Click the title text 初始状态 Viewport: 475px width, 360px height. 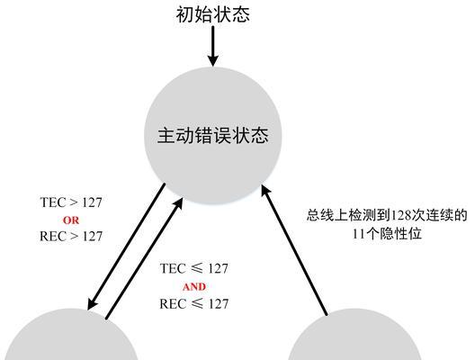213,14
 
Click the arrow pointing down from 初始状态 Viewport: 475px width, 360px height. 213,46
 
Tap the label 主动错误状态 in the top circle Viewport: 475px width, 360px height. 213,135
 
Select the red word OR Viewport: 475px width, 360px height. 71,220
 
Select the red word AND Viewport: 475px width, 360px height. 194,287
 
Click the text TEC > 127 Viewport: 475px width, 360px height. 71,202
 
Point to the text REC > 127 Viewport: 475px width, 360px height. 71,237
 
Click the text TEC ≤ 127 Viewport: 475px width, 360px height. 194,269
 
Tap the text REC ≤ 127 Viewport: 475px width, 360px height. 194,304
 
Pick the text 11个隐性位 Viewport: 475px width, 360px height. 387,234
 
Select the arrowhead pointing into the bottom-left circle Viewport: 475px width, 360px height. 92,304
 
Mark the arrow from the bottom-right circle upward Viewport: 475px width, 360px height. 294,250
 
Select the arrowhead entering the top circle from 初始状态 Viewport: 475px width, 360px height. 213,60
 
